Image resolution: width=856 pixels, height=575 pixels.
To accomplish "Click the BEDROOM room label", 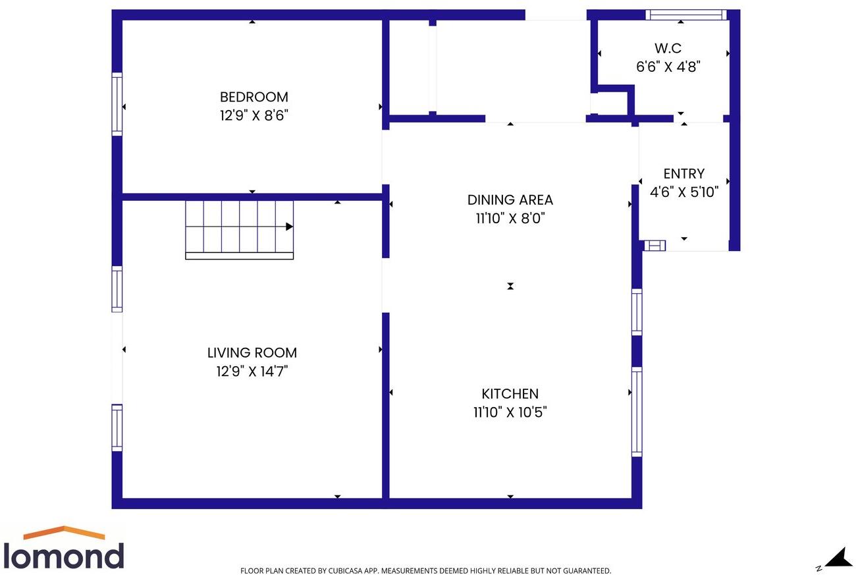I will point(254,97).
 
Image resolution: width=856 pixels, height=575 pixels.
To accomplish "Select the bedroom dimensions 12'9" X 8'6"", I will point(254,116).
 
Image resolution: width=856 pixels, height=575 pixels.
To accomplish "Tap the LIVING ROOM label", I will point(252,353).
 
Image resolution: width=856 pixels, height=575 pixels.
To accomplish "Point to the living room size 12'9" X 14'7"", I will point(252,371).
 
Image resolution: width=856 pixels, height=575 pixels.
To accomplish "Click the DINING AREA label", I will point(510,200).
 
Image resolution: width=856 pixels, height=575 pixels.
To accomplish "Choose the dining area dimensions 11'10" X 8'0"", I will point(510,218).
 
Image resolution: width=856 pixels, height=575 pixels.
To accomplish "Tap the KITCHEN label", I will point(510,394).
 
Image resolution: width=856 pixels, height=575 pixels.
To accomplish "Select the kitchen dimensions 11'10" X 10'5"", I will point(510,412).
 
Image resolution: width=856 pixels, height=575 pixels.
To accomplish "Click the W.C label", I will point(668,48).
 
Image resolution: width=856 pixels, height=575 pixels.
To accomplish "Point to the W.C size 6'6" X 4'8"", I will point(668,67).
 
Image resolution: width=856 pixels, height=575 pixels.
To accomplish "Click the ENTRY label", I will point(683,174).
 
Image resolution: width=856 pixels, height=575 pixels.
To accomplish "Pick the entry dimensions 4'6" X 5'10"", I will point(683,192).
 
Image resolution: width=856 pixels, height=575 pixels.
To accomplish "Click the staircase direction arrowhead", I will point(289,227).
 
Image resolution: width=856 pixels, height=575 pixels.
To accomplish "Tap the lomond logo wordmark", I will point(63,555).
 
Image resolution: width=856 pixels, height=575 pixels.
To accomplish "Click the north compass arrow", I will point(839,558).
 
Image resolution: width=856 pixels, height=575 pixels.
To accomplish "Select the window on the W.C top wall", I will point(685,14).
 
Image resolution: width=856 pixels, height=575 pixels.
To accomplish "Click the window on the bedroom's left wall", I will point(117,104).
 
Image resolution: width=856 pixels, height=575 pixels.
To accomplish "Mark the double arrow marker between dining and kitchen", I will point(510,286).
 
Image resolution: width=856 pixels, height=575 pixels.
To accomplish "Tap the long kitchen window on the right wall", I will point(637,412).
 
